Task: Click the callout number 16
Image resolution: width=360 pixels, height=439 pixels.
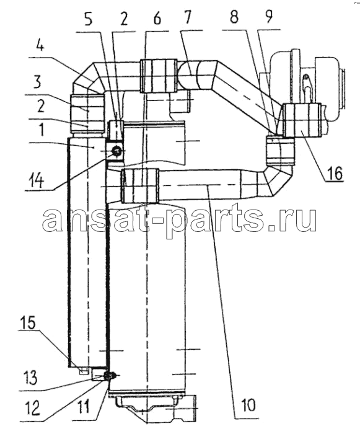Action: [334, 174]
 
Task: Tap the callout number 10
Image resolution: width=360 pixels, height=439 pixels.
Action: [248, 405]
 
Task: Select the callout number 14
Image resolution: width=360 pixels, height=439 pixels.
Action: [36, 180]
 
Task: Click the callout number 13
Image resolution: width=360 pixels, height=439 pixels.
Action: [29, 378]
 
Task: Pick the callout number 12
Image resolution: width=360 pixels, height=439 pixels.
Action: [32, 408]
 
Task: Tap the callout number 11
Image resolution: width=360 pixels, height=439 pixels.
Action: [83, 406]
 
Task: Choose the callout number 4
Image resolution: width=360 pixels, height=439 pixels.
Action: [40, 47]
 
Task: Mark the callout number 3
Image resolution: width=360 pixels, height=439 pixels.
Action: [37, 82]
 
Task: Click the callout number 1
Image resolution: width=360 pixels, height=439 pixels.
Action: [42, 130]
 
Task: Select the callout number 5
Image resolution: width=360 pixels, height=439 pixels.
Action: [89, 19]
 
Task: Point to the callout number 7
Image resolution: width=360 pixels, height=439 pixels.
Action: [188, 17]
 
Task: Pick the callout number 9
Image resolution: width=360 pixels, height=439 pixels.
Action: [269, 16]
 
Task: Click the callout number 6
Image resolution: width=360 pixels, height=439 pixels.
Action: [157, 19]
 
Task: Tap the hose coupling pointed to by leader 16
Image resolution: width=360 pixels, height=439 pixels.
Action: [302, 120]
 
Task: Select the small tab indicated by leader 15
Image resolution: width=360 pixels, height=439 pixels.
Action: [84, 371]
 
